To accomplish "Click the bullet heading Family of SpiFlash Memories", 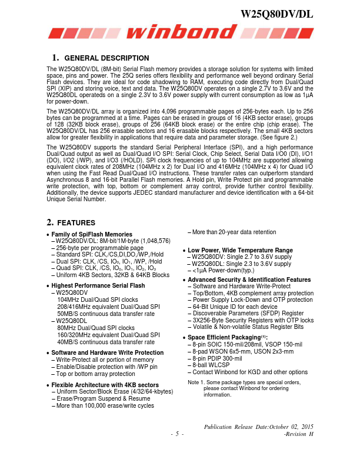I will pyautogui.click(x=93, y=235).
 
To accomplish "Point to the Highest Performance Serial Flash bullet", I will pyautogui.click(x=98, y=285).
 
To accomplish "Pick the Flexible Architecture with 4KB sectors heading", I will pyautogui.click(x=105, y=385).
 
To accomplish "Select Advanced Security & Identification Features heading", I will pyautogui.click(x=249, y=279).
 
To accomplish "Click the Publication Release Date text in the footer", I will pyautogui.click(x=258, y=426).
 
